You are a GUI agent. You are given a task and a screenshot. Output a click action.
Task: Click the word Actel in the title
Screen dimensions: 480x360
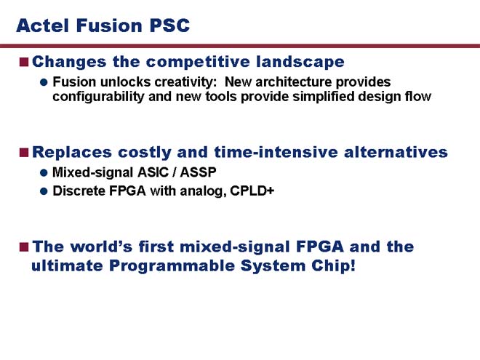tap(43, 25)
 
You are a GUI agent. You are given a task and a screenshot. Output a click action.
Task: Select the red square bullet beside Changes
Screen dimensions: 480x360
tap(24, 62)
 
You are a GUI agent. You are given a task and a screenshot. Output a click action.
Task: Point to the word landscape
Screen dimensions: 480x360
tap(300, 62)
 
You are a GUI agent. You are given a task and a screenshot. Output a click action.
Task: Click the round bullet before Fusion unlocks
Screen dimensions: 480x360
tap(44, 82)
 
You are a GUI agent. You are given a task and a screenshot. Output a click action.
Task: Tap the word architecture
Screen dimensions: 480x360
tap(294, 82)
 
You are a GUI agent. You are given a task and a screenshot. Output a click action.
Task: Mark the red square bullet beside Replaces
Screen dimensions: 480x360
tap(24, 152)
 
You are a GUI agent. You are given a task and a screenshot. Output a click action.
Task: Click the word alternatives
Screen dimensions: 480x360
tap(396, 153)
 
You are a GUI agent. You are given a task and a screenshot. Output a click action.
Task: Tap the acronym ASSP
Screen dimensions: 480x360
tap(198, 172)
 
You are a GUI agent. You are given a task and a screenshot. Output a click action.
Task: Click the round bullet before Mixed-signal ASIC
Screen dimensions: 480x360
tap(44, 172)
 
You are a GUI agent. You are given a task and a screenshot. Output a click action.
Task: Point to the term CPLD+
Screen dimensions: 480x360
tap(252, 191)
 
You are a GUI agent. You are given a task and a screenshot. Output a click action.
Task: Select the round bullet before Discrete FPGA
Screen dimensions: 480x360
tap(44, 191)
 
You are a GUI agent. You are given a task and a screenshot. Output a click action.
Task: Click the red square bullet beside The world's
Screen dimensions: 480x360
tap(24, 247)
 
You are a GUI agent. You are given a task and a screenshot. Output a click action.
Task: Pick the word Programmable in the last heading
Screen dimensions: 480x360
tap(172, 265)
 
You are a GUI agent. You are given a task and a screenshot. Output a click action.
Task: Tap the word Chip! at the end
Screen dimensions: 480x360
tap(333, 265)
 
